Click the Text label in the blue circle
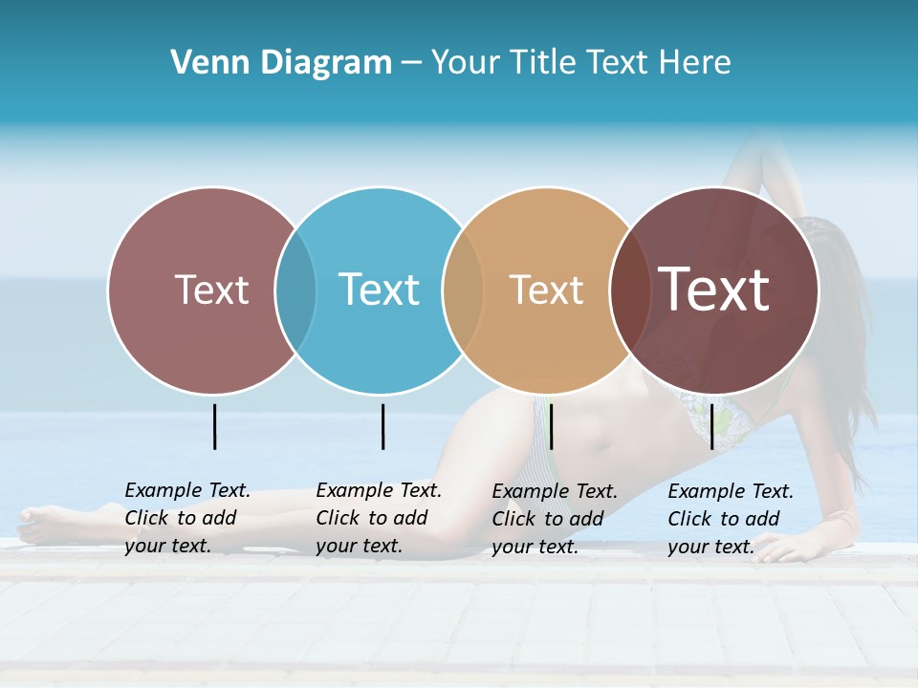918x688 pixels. (x=379, y=290)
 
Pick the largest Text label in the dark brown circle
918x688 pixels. (x=713, y=290)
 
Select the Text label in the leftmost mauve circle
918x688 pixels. (x=211, y=290)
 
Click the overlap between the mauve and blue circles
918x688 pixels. (x=295, y=290)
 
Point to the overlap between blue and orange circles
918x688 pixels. (x=463, y=290)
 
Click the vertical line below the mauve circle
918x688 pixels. (x=214, y=426)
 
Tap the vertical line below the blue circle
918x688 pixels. (x=382, y=426)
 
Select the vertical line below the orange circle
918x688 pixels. (x=551, y=426)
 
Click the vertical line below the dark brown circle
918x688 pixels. (x=711, y=426)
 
